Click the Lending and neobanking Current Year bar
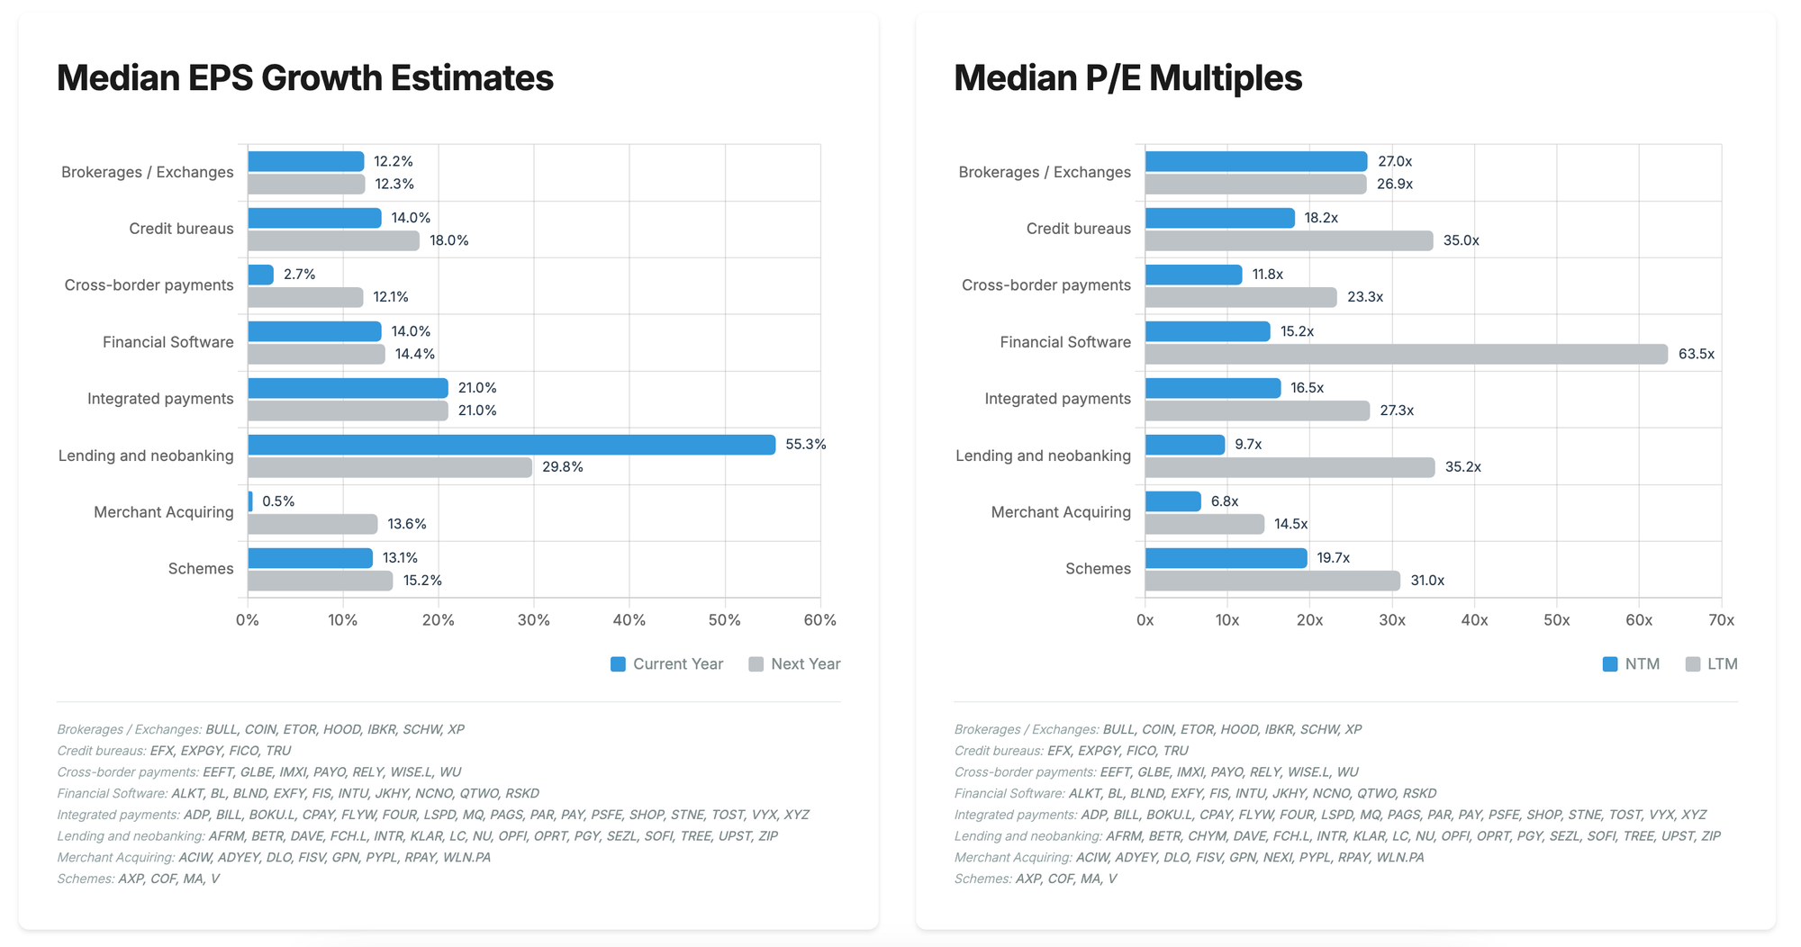click(x=511, y=445)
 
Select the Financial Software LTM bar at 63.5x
click(x=1406, y=354)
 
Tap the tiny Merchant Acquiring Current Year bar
click(x=250, y=501)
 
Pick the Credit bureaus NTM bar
click(x=1219, y=218)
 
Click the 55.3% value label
click(x=805, y=445)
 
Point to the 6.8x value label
click(x=1225, y=501)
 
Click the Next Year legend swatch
click(x=756, y=664)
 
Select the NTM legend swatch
click(x=1610, y=664)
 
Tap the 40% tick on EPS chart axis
click(x=629, y=620)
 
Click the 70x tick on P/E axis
click(x=1721, y=620)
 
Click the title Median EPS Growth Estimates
click(x=305, y=78)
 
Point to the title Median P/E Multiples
click(x=1127, y=78)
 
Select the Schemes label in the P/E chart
click(x=1098, y=569)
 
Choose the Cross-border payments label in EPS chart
click(x=149, y=285)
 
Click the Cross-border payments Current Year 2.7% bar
click(x=260, y=275)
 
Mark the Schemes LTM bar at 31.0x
click(x=1272, y=581)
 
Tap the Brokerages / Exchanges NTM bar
click(x=1256, y=161)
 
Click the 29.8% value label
click(x=563, y=467)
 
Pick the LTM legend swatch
click(x=1693, y=664)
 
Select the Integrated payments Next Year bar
click(x=348, y=410)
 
